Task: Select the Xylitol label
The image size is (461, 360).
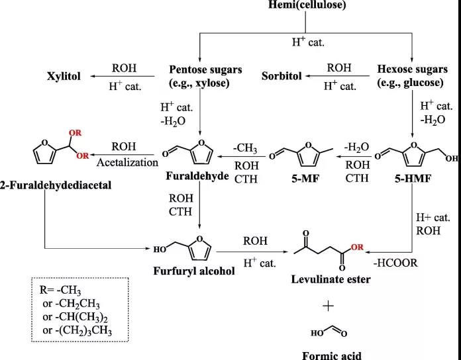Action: point(64,76)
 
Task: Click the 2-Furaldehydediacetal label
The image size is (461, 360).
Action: point(56,185)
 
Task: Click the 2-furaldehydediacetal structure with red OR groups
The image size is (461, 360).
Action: point(56,146)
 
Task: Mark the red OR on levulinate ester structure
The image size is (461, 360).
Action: point(357,247)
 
